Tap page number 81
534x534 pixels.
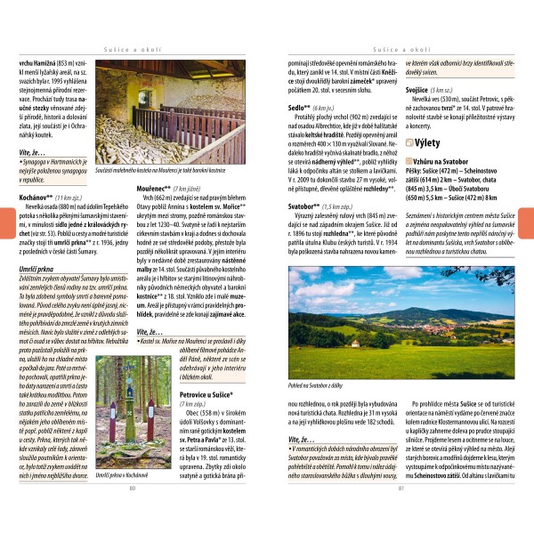click(x=401, y=512)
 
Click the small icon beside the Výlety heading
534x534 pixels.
click(x=409, y=142)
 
